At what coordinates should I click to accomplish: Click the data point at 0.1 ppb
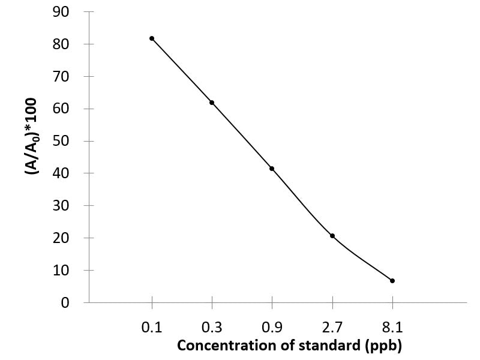(152, 38)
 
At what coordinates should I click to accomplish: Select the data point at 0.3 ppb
(212, 103)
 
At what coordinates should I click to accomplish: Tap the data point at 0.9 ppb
(272, 169)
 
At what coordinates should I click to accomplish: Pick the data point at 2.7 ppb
(332, 236)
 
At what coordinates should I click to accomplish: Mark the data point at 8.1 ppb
(392, 281)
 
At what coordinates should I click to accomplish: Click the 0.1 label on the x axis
(152, 327)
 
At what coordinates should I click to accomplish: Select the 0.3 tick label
(212, 327)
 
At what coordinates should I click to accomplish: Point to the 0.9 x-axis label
(272, 327)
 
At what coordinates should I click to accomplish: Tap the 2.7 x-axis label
(332, 327)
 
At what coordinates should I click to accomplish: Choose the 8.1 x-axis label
(392, 327)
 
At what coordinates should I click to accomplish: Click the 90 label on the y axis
(61, 12)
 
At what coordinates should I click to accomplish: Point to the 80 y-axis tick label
(61, 44)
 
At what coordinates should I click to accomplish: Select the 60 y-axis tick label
(61, 109)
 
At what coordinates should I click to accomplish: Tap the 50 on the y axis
(61, 142)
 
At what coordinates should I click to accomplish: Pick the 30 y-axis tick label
(61, 206)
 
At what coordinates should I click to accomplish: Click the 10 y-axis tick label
(61, 271)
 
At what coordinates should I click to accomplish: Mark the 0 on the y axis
(65, 303)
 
